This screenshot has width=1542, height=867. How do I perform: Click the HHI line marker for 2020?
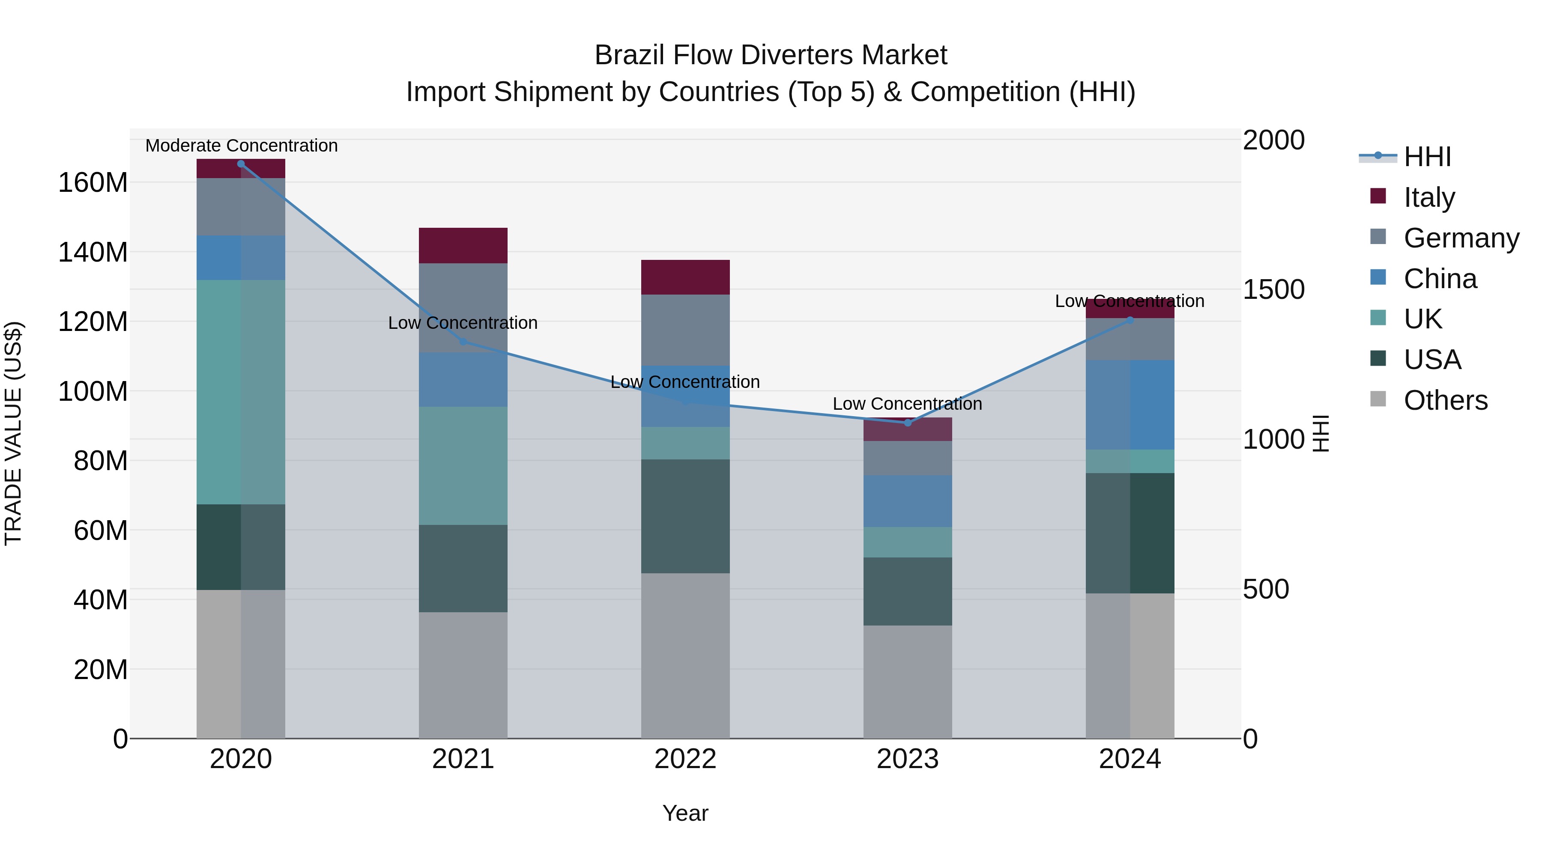tap(241, 164)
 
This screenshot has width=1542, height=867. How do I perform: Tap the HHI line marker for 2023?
tap(908, 423)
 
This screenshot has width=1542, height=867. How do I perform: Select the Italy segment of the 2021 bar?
tap(463, 245)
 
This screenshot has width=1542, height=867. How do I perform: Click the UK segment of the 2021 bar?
tap(463, 465)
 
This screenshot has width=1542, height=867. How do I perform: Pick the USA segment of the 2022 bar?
tap(685, 516)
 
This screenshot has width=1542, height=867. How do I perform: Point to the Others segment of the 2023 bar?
tap(908, 682)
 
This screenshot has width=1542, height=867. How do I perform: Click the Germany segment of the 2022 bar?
tap(685, 330)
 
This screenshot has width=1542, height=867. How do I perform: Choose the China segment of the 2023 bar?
tap(908, 501)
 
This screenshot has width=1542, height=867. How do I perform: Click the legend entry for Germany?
tap(1461, 238)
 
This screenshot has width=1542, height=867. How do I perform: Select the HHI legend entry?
tap(1427, 157)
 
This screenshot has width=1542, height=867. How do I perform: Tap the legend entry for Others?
tap(1445, 400)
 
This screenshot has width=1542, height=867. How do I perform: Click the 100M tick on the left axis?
tap(93, 391)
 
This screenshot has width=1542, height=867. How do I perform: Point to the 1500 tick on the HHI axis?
tap(1274, 289)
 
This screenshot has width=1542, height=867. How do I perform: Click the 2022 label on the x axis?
tap(685, 759)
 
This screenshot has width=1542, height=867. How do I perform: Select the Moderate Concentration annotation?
tap(241, 146)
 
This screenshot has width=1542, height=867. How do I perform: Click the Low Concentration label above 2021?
tap(463, 322)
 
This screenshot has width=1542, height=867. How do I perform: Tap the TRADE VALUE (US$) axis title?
tap(14, 433)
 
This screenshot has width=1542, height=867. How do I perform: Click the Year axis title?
tap(685, 813)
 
